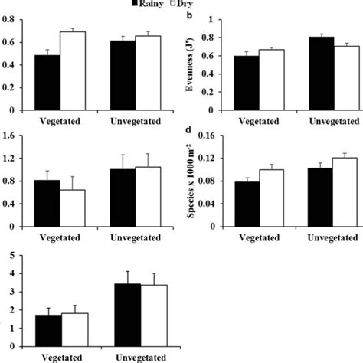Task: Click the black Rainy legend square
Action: coord(133,5)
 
